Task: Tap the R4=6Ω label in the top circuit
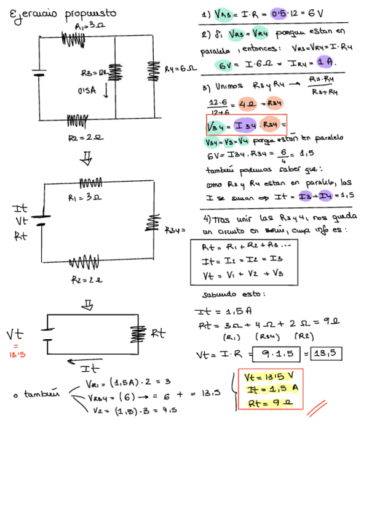tap(180, 69)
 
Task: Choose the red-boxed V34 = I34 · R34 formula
tap(247, 125)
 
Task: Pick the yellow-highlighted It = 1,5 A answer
tap(271, 390)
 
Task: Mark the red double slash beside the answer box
tap(317, 408)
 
